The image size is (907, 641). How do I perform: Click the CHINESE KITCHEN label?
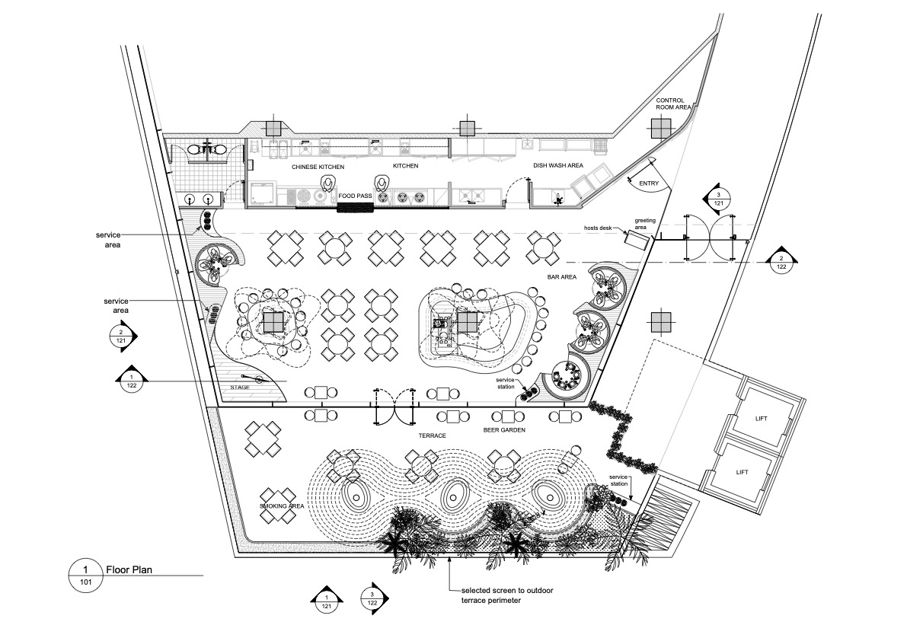pyautogui.click(x=318, y=167)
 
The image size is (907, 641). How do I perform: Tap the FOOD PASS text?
pyautogui.click(x=355, y=196)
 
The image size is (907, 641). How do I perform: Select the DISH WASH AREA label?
pyautogui.click(x=558, y=165)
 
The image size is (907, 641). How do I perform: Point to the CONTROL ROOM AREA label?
pyautogui.click(x=673, y=104)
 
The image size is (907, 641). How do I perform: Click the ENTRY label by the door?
pyautogui.click(x=649, y=183)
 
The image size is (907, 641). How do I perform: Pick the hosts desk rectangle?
pyautogui.click(x=634, y=239)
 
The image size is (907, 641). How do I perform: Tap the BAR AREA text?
pyautogui.click(x=562, y=277)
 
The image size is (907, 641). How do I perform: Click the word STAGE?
pyautogui.click(x=240, y=387)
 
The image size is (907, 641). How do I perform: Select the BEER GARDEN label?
pyautogui.click(x=504, y=430)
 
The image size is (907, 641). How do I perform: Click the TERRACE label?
pyautogui.click(x=433, y=435)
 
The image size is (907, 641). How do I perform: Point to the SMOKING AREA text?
pyautogui.click(x=282, y=506)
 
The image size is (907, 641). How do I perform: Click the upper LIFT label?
pyautogui.click(x=762, y=419)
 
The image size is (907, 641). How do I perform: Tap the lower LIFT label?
pyautogui.click(x=743, y=472)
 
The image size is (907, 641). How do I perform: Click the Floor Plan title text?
pyautogui.click(x=129, y=569)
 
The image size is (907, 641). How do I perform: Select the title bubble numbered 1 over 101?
pyautogui.click(x=85, y=576)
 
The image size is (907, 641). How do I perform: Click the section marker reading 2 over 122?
pyautogui.click(x=781, y=262)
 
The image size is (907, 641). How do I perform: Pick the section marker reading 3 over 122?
pyautogui.click(x=373, y=598)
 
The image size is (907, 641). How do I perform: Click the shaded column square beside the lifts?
pyautogui.click(x=661, y=322)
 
